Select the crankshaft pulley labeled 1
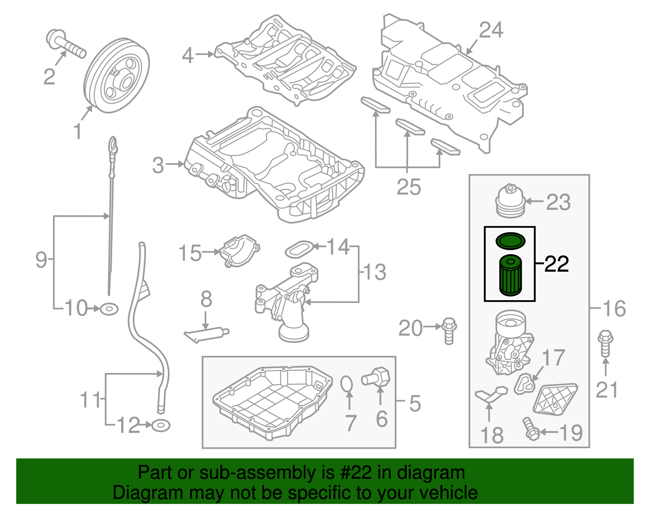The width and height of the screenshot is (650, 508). [x=117, y=76]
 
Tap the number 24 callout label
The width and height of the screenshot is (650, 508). [x=491, y=30]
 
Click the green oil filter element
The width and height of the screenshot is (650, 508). [x=510, y=275]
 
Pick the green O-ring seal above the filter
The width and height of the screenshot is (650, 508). [x=511, y=241]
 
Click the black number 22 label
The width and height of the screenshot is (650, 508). [x=556, y=264]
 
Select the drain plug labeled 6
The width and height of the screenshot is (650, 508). [x=377, y=377]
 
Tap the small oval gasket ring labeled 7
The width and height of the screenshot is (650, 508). [x=347, y=384]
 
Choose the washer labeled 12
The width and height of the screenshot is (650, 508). [x=160, y=426]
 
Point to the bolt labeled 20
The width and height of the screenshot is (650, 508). [x=448, y=330]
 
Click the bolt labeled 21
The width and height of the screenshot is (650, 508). [x=605, y=344]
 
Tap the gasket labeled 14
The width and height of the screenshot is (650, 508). [x=299, y=249]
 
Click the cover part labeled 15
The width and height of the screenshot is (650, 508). [x=239, y=251]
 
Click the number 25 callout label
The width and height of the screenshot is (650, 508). [x=408, y=188]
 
